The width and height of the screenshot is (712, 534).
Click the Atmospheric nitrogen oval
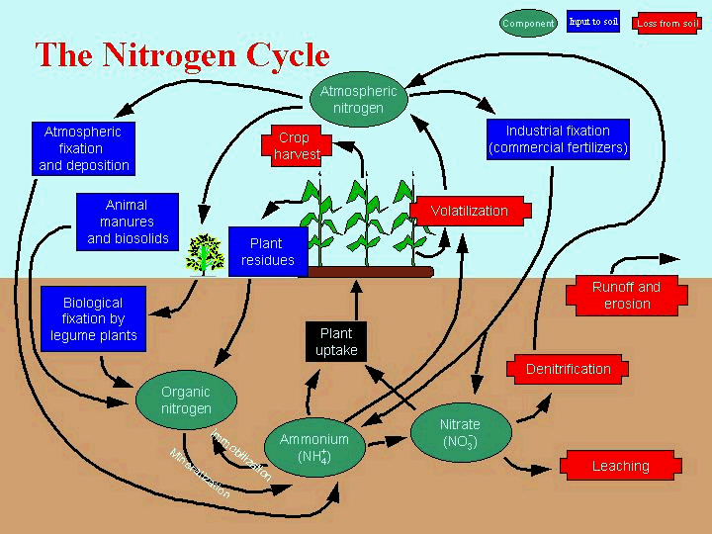click(358, 100)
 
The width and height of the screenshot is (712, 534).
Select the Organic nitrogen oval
click(186, 400)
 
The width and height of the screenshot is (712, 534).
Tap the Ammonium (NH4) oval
click(314, 448)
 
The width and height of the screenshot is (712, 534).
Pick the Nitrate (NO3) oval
click(459, 433)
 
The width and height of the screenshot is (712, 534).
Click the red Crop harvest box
click(294, 146)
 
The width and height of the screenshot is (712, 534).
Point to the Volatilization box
click(469, 211)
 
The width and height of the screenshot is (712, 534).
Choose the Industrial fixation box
click(558, 139)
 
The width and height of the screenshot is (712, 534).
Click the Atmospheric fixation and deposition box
click(84, 148)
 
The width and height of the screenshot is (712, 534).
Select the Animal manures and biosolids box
click(128, 222)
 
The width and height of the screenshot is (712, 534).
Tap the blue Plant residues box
click(267, 251)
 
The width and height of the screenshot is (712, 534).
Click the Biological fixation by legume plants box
click(93, 318)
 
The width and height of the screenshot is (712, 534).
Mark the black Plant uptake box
click(336, 342)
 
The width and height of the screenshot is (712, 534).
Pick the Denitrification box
click(568, 369)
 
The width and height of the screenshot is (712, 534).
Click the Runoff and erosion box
click(626, 295)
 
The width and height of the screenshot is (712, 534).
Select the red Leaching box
click(620, 466)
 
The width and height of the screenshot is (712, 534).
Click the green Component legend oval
click(529, 23)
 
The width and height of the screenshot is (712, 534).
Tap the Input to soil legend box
click(593, 22)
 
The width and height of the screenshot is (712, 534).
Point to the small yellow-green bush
click(206, 253)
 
